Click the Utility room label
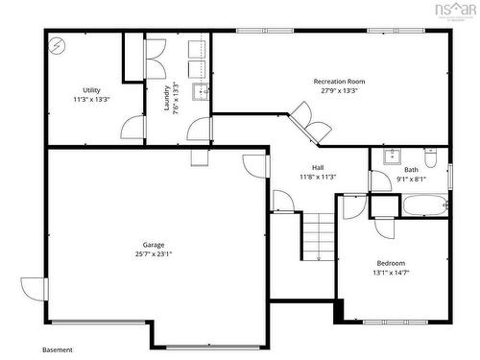coord(92,89)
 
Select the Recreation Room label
coord(340,82)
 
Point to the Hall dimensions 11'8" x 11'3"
coord(318,177)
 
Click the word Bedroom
coord(391,263)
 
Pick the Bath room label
coord(411,169)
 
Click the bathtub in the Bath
coord(423,204)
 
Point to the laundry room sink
coord(201,92)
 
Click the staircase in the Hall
coord(318,235)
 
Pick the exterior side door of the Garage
coord(34,287)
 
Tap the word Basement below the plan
coord(58,349)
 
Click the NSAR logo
coord(454,12)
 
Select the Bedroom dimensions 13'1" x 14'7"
coord(391,273)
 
